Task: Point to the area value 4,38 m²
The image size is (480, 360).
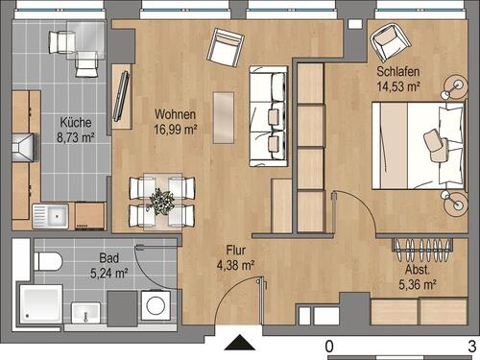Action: (233, 266)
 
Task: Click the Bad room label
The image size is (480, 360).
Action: (108, 257)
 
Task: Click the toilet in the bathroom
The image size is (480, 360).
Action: (47, 259)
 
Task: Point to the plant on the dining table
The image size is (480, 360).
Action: (159, 202)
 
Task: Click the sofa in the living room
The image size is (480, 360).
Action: (268, 116)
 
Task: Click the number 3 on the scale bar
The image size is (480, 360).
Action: (471, 346)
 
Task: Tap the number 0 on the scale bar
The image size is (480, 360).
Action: (328, 346)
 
